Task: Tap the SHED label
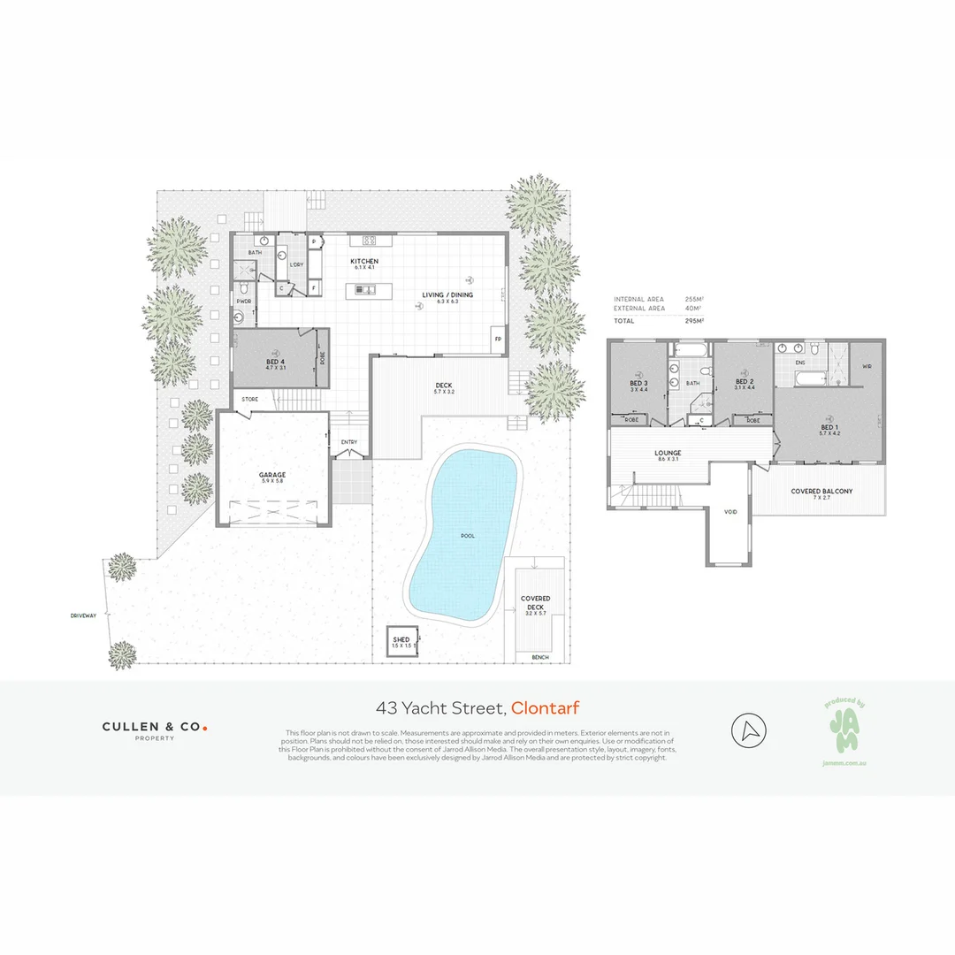point(401,638)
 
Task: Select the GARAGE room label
point(271,475)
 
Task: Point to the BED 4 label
point(275,362)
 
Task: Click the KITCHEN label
point(364,262)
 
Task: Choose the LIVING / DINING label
point(440,294)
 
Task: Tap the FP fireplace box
point(498,339)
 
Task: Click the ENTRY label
point(348,442)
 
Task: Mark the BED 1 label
point(828,427)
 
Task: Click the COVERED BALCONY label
point(821,491)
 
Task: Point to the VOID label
point(730,512)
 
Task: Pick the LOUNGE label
point(667,453)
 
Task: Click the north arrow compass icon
point(748,731)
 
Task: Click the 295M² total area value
point(693,320)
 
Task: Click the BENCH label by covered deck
point(539,657)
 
